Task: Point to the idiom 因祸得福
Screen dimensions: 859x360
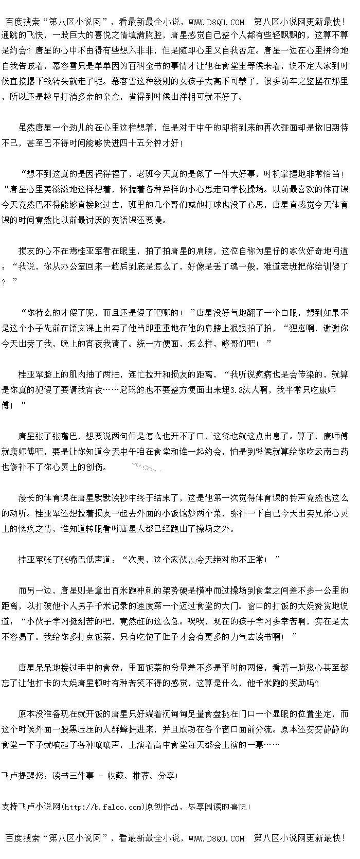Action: tap(107, 174)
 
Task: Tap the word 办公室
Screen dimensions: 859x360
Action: tap(86, 266)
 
